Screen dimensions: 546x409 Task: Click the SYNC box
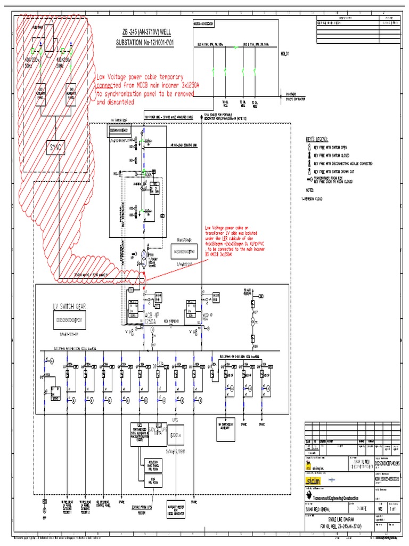pos(56,149)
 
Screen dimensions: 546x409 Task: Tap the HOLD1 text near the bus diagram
pos(287,53)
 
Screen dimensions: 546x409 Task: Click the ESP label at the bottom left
pos(45,517)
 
